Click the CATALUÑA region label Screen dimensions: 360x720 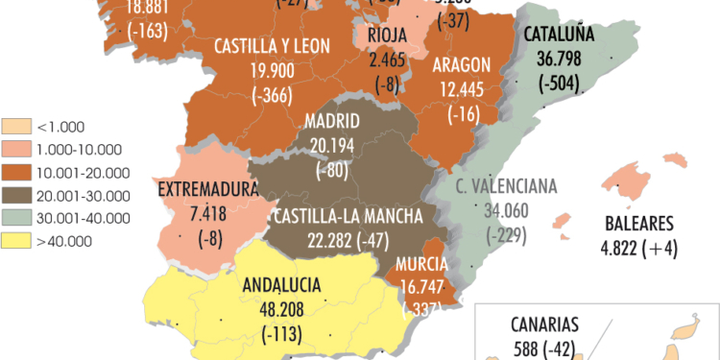click(560, 36)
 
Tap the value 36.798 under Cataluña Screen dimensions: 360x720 click(560, 58)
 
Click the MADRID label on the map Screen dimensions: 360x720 click(332, 122)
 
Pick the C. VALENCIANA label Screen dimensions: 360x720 click(509, 186)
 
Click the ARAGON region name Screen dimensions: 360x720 click(462, 65)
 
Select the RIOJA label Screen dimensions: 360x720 click(388, 36)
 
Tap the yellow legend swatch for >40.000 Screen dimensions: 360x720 click(16, 241)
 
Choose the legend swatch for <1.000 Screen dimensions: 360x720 click(16, 126)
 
